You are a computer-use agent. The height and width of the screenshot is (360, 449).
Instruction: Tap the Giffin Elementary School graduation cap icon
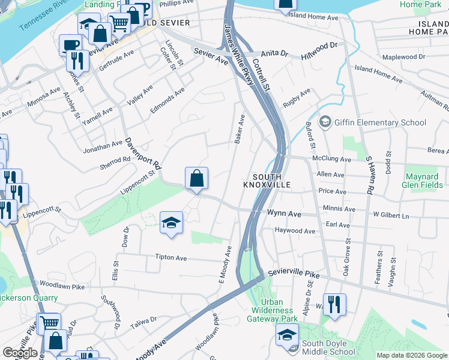pyautogui.click(x=325, y=122)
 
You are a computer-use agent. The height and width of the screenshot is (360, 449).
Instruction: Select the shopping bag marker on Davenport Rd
pyautogui.click(x=197, y=178)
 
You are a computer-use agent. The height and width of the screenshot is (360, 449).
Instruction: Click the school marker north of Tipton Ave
pyautogui.click(x=171, y=223)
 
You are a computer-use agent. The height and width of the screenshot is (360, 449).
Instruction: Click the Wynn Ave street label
pyautogui.click(x=284, y=213)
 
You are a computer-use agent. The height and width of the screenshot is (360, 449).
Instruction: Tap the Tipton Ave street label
pyautogui.click(x=171, y=257)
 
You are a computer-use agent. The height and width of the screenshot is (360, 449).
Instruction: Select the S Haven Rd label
pyautogui.click(x=370, y=174)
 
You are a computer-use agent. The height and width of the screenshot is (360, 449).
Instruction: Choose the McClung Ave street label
pyautogui.click(x=331, y=159)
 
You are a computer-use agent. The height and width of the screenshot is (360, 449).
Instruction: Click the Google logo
pyautogui.click(x=20, y=353)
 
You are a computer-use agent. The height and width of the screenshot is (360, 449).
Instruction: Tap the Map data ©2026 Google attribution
pyautogui.click(x=412, y=355)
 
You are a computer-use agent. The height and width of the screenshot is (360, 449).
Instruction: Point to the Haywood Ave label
pyautogui.click(x=295, y=231)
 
